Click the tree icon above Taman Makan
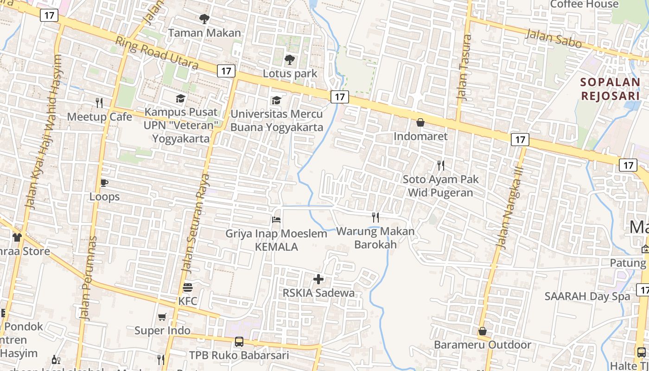tap(204, 19)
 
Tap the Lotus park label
tap(290, 73)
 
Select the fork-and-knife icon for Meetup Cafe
tap(99, 102)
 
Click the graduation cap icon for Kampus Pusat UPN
tap(180, 98)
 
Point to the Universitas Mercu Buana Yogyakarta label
tap(277, 121)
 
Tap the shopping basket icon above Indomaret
tap(420, 122)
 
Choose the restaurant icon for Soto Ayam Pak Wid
tap(441, 165)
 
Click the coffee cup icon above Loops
tap(104, 183)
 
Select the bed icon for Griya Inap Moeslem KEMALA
tap(276, 220)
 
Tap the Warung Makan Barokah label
tap(375, 237)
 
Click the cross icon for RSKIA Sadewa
tap(318, 279)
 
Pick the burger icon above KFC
tap(188, 288)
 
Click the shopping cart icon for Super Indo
tap(162, 317)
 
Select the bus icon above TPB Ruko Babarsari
tap(239, 342)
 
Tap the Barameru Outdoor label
tap(482, 345)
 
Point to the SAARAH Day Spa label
tap(587, 296)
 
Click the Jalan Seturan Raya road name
tap(195, 223)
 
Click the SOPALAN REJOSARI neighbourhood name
tap(610, 89)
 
